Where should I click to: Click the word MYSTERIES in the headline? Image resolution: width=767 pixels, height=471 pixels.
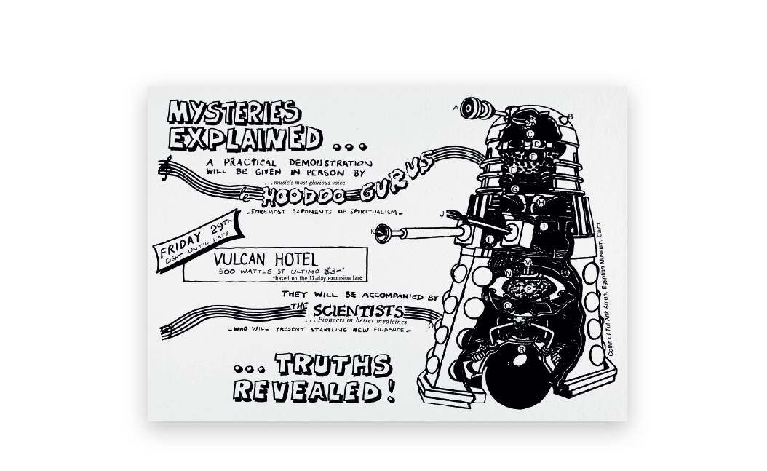point(233,114)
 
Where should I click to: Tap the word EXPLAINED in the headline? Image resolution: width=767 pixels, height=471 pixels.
point(245,137)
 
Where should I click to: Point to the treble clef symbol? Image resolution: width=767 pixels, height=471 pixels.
point(166,170)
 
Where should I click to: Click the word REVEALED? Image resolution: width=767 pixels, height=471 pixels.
point(306,392)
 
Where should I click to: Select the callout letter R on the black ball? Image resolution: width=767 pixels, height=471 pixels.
point(522,349)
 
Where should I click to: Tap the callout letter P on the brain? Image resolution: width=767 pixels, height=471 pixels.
point(529,290)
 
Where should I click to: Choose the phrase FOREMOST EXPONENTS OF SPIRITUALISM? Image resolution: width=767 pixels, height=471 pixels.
point(325,212)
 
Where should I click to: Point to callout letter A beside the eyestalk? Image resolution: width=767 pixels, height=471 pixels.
point(456,108)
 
